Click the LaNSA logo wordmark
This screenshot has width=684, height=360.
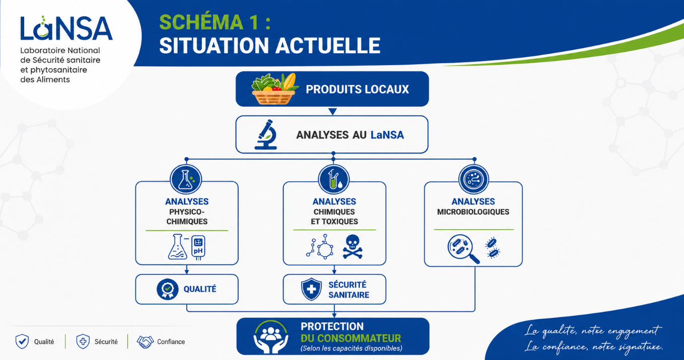(66, 28)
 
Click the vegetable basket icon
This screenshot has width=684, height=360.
(274, 89)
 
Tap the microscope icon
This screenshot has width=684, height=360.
(266, 134)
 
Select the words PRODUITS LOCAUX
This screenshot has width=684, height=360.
(357, 90)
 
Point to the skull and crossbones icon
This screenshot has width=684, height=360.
(353, 247)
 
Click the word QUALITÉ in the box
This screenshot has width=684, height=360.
(200, 289)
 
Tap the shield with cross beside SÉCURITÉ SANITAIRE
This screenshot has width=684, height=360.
(311, 289)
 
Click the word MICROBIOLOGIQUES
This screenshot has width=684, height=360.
(473, 212)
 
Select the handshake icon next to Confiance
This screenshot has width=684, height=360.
(145, 342)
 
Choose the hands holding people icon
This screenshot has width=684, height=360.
(271, 337)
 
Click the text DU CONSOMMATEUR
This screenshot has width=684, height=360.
(351, 338)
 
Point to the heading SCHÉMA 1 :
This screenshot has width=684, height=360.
(215, 22)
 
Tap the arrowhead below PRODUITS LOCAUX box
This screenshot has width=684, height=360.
(333, 111)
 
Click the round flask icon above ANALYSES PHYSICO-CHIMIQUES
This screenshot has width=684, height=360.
(186, 180)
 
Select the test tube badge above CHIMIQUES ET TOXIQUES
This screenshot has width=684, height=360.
(334, 180)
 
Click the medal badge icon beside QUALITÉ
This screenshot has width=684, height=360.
(167, 289)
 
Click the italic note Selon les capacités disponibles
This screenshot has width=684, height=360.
(351, 348)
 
